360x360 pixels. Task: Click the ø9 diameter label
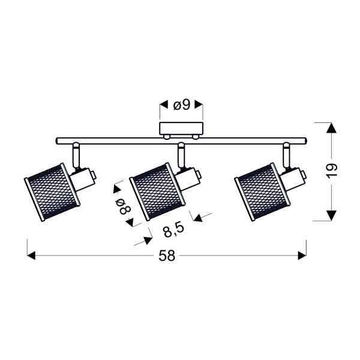(x=181, y=105)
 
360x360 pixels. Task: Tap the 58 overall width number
(x=167, y=256)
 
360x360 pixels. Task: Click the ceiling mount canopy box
(x=181, y=129)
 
